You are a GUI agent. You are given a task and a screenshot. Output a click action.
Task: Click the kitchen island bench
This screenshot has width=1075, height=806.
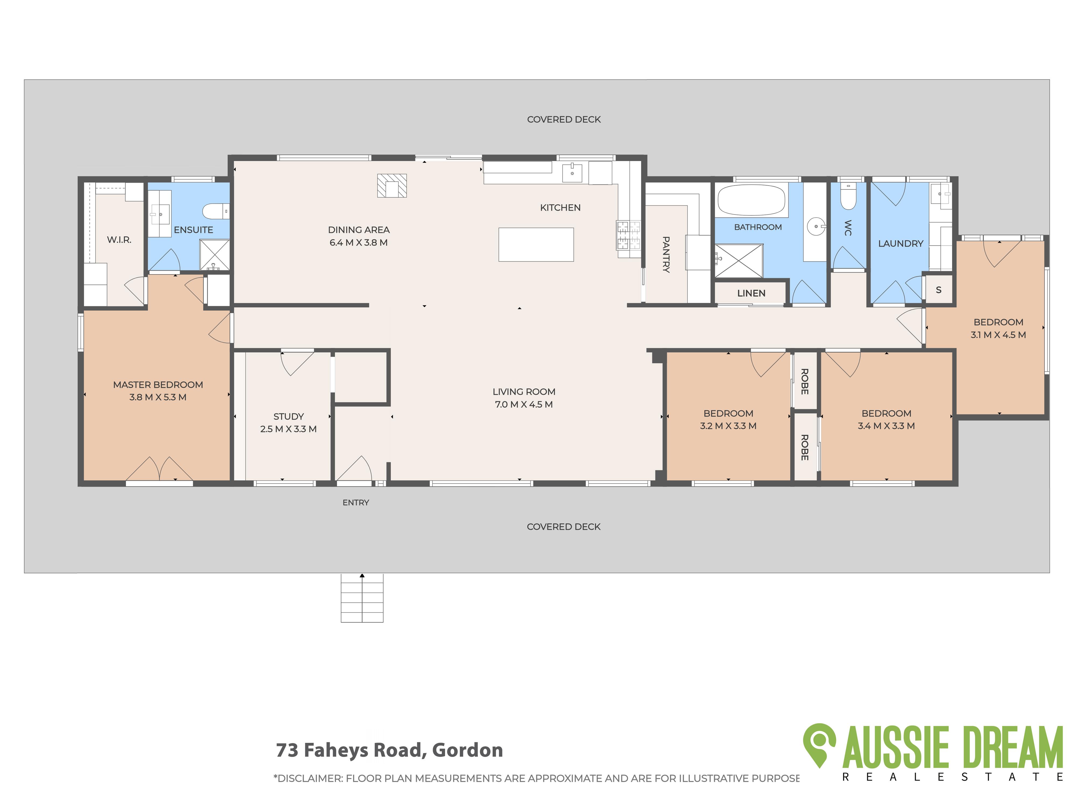(536, 244)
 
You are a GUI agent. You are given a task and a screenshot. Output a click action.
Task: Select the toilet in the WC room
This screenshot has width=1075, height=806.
(848, 196)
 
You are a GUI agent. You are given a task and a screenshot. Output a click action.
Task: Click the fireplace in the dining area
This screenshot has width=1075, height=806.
(392, 186)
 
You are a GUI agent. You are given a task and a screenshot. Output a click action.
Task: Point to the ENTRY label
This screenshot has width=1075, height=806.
(356, 502)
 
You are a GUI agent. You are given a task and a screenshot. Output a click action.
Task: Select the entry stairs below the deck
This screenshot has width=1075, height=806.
(362, 598)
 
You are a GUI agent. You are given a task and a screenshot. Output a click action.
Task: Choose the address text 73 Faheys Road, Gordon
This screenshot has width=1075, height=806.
(389, 750)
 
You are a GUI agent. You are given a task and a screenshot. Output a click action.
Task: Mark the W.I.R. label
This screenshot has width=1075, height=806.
(119, 240)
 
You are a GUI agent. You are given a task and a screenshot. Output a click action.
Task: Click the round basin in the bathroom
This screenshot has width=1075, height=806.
(815, 226)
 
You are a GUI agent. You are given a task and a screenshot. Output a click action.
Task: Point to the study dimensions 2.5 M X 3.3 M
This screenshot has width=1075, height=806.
(288, 429)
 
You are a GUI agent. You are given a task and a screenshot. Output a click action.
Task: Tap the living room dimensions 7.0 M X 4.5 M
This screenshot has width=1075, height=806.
(524, 404)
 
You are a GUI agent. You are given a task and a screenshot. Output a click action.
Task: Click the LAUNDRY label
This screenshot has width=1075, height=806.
(901, 243)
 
